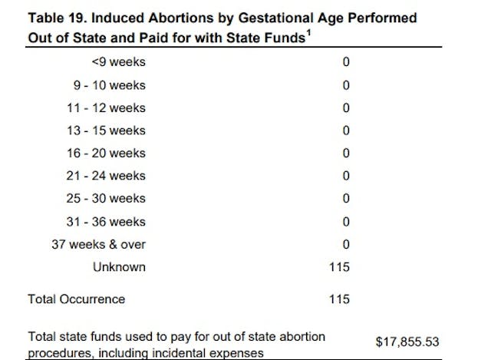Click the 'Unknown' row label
pos(119,267)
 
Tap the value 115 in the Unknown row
pos(339,267)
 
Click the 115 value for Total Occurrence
pos(339,299)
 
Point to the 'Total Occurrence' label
pos(76,299)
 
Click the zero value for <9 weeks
pos(346,62)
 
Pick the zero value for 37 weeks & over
pos(346,244)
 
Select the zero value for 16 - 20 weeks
pos(346,154)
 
